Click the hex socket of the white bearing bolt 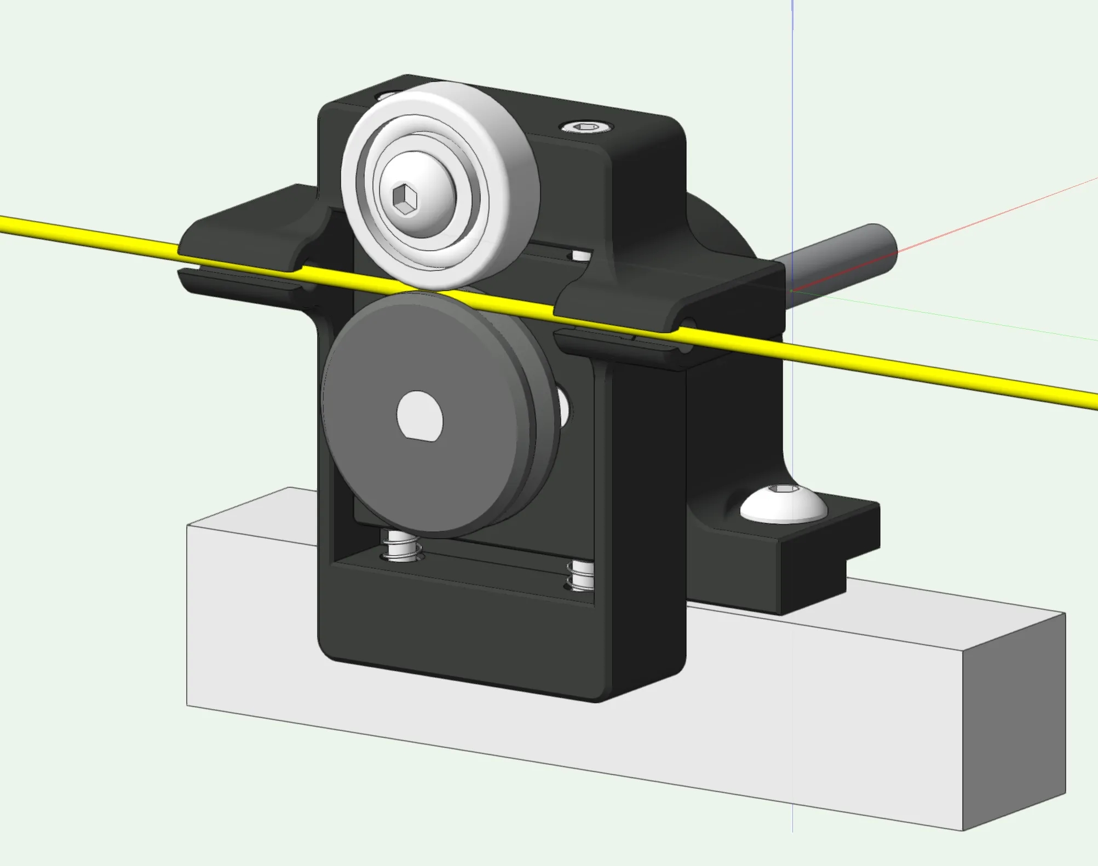pos(405,199)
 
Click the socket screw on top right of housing pos(587,127)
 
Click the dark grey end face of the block pos(1013,723)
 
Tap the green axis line pos(986,323)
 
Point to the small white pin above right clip pos(581,256)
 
